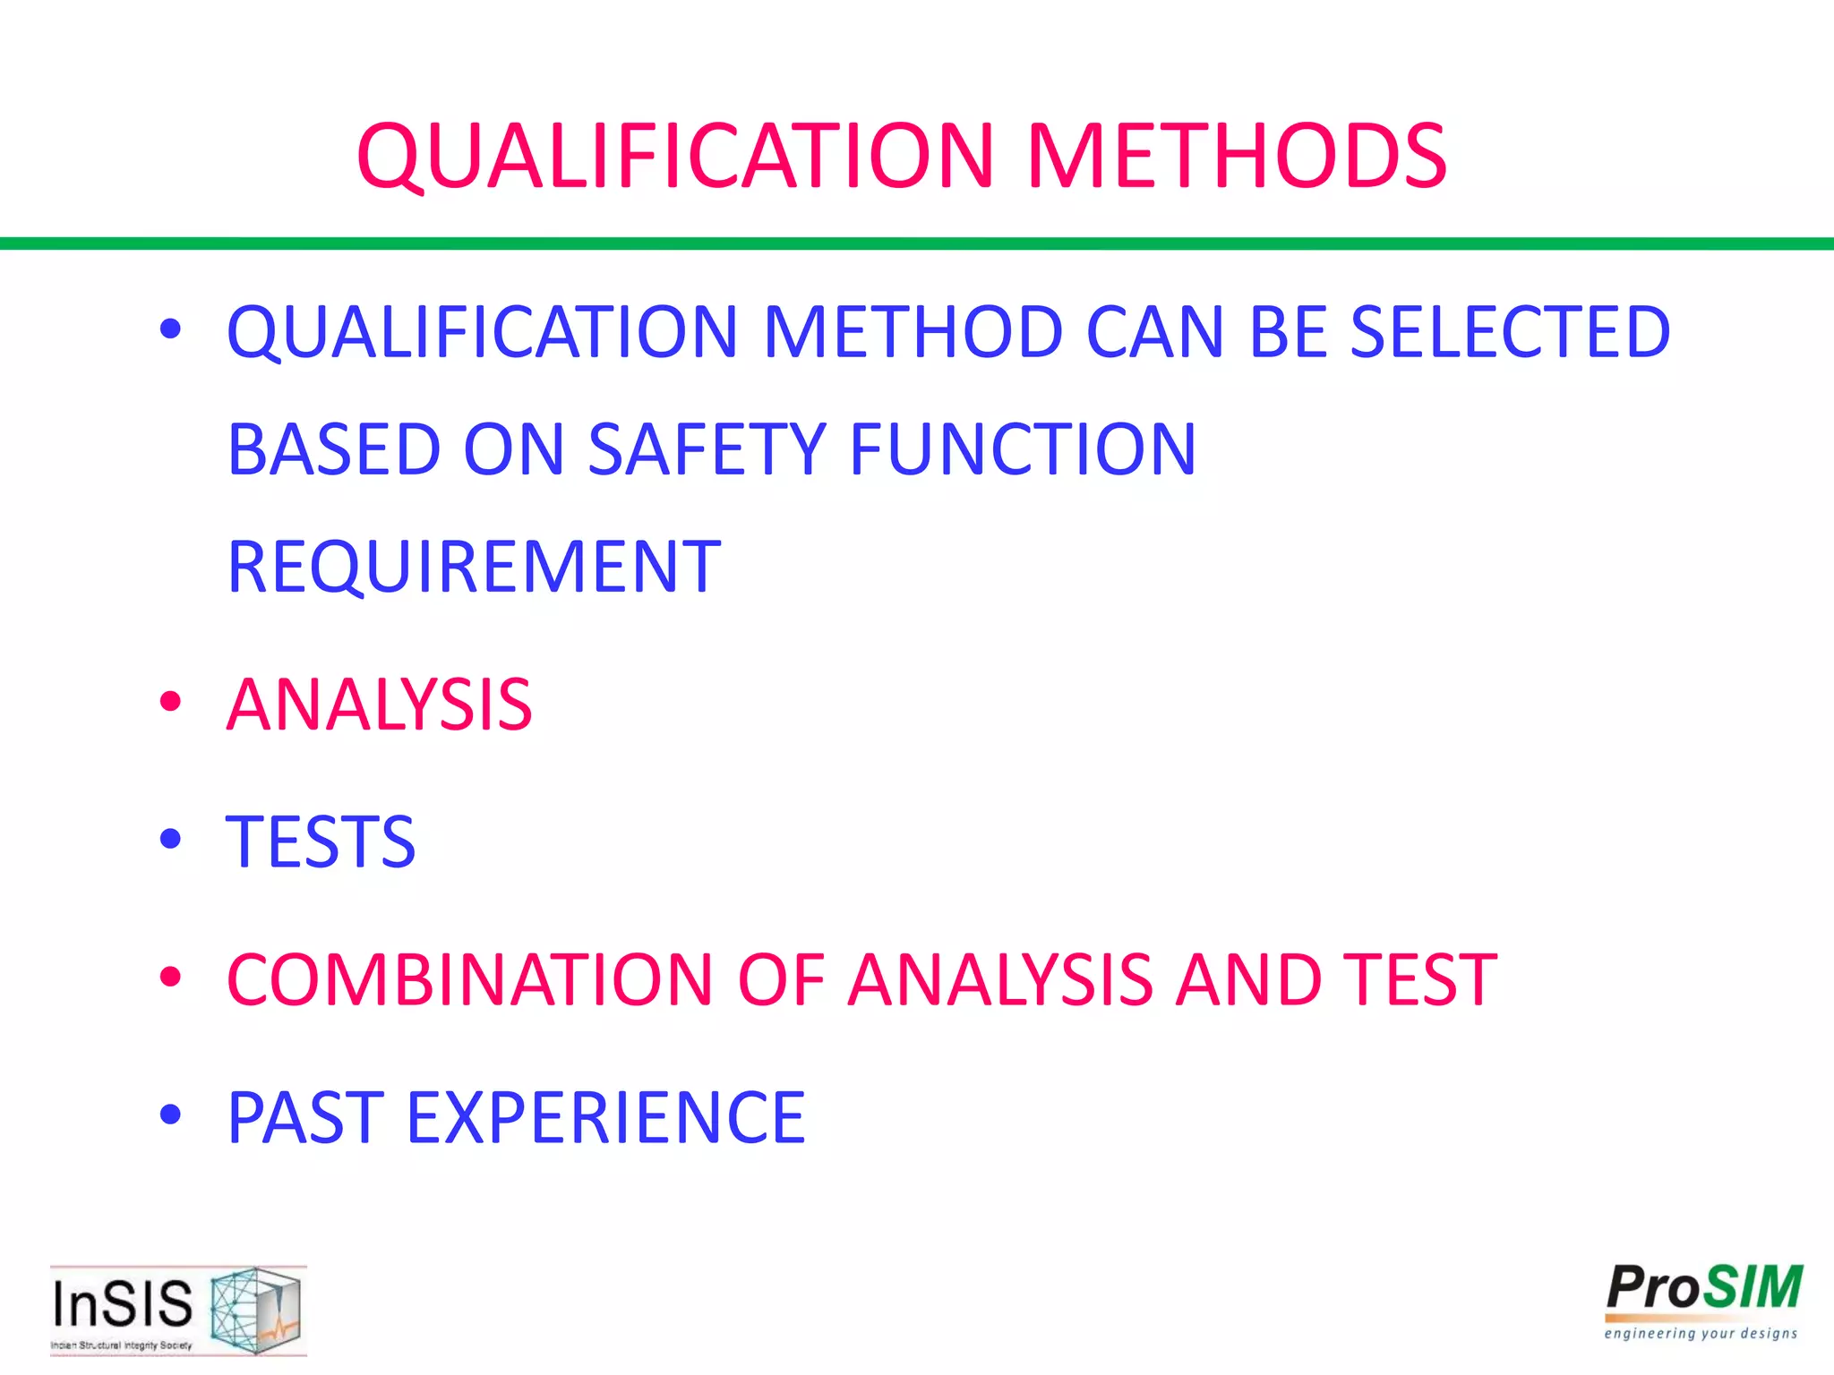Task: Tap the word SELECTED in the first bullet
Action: click(x=1510, y=332)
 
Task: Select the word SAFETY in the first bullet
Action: click(x=707, y=448)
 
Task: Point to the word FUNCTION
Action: click(x=1022, y=448)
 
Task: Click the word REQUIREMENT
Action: click(x=474, y=567)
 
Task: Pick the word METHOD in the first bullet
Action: click(x=913, y=332)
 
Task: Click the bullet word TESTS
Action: click(x=321, y=841)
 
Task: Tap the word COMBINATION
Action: click(x=469, y=979)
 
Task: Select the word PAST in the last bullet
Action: click(x=305, y=1117)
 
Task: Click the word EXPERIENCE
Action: click(x=606, y=1117)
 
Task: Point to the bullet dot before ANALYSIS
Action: click(x=170, y=702)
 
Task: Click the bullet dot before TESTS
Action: click(x=170, y=840)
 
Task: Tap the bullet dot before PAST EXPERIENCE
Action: click(x=170, y=1115)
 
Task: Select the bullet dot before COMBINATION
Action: click(x=170, y=978)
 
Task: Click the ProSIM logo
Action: click(x=1703, y=1289)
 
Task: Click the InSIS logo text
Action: click(x=122, y=1303)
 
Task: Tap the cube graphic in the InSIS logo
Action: click(x=254, y=1309)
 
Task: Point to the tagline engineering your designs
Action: click(x=1701, y=1334)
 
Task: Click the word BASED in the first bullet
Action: click(x=333, y=448)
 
